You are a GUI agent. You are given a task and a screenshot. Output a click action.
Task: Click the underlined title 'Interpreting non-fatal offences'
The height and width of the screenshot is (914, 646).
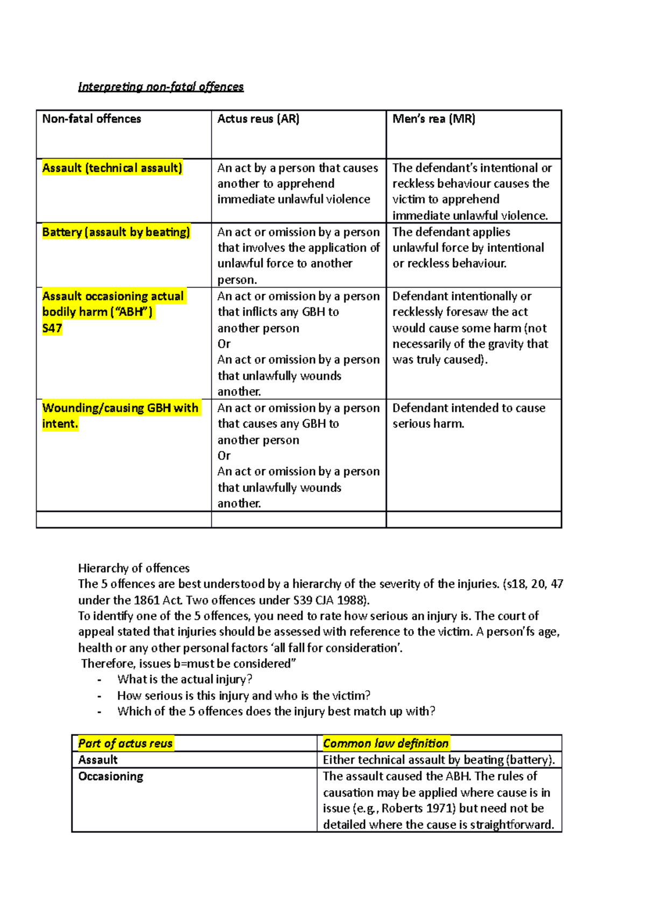[160, 87]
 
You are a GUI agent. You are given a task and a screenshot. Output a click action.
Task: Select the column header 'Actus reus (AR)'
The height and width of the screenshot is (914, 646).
[258, 119]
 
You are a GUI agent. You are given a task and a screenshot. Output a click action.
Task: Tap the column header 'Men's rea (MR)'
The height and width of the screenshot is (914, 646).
[433, 119]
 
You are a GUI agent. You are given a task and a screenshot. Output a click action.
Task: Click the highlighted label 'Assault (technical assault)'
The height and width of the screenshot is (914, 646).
[112, 168]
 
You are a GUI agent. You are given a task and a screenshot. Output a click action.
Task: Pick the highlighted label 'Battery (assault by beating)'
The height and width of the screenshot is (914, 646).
[116, 232]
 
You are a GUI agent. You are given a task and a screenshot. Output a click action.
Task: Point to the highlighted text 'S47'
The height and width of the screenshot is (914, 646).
[52, 328]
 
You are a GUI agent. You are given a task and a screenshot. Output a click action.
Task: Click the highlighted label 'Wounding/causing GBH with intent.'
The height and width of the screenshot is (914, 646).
[120, 416]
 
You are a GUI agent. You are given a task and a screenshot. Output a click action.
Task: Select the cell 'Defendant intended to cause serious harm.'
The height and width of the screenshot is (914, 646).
[468, 416]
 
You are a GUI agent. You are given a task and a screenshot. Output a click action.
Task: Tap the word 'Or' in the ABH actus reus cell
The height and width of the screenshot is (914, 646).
[224, 343]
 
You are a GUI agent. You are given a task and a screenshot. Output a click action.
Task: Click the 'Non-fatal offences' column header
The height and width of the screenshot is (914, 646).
[92, 119]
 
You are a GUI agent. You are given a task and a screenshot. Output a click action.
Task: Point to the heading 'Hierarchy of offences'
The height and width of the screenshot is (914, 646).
[134, 568]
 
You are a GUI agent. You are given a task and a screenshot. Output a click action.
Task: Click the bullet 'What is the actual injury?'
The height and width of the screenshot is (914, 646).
[185, 679]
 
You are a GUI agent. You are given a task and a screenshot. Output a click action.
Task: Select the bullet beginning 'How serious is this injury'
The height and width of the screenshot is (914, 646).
[243, 695]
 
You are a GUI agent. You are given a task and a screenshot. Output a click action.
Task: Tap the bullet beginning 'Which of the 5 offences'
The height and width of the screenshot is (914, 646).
[276, 711]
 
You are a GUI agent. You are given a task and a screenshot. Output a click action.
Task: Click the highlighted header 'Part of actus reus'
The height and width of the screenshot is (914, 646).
[125, 743]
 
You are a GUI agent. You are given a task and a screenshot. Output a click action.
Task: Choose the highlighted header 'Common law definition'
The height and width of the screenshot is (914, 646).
[385, 743]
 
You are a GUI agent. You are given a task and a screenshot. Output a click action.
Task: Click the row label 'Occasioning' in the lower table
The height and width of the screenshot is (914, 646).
[110, 776]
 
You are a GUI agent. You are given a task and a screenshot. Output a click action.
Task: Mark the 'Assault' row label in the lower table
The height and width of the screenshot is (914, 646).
[97, 760]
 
